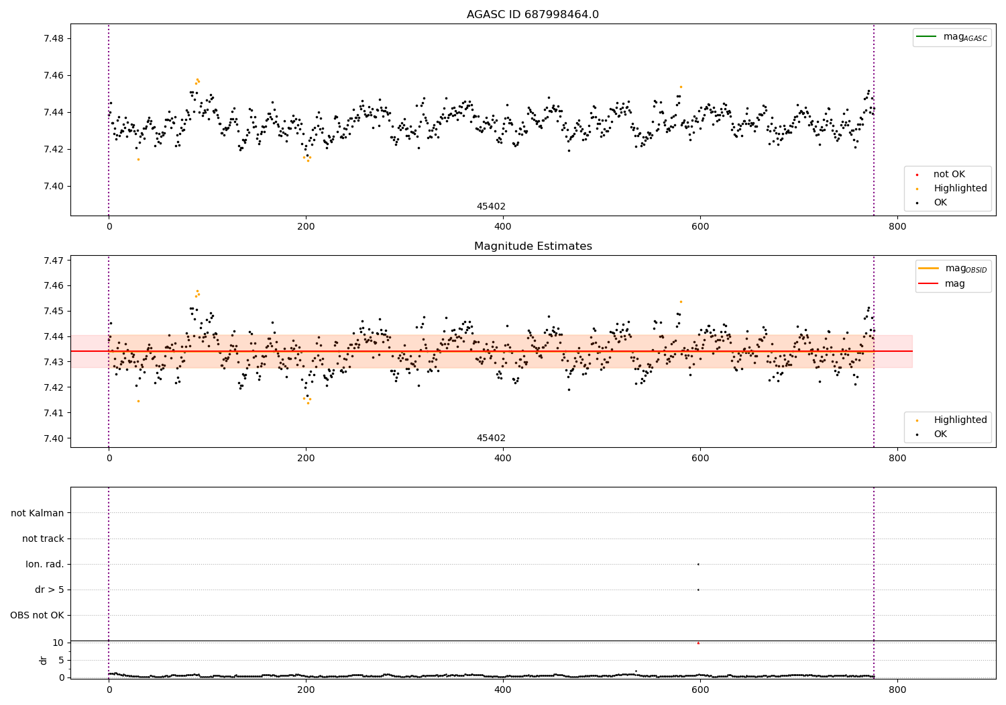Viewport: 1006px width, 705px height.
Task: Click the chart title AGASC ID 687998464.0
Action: pyautogui.click(x=533, y=15)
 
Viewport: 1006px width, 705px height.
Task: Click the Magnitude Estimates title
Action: pyautogui.click(x=533, y=246)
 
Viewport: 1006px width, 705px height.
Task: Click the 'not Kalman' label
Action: pyautogui.click(x=38, y=513)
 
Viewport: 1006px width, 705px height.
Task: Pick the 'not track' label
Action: pyautogui.click(x=43, y=538)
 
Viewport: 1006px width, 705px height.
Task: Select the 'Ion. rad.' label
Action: pyautogui.click(x=45, y=564)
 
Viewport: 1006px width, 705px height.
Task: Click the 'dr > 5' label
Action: pyautogui.click(x=50, y=590)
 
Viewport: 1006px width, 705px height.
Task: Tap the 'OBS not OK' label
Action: pyautogui.click(x=37, y=615)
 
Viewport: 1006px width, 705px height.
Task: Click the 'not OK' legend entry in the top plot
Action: pyautogui.click(x=949, y=175)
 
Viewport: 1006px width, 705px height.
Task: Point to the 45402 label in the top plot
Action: pyautogui.click(x=491, y=207)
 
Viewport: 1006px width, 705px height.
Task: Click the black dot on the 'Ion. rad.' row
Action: pyautogui.click(x=698, y=564)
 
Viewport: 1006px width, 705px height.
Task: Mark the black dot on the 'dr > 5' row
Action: pyautogui.click(x=698, y=590)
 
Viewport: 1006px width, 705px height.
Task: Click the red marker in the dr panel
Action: pyautogui.click(x=698, y=643)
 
